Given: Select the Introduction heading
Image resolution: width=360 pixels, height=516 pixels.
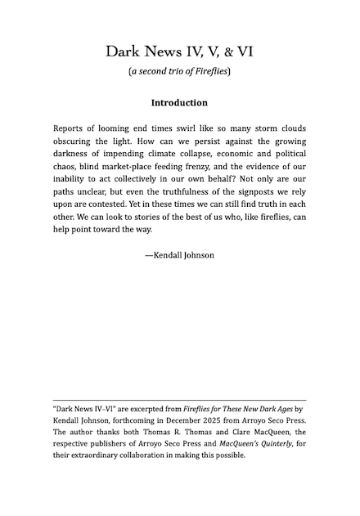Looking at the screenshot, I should pos(179,103).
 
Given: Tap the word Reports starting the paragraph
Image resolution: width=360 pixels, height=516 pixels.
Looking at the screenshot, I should pos(71,129).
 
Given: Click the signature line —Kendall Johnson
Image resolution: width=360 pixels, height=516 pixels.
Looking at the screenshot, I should pos(179,255).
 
